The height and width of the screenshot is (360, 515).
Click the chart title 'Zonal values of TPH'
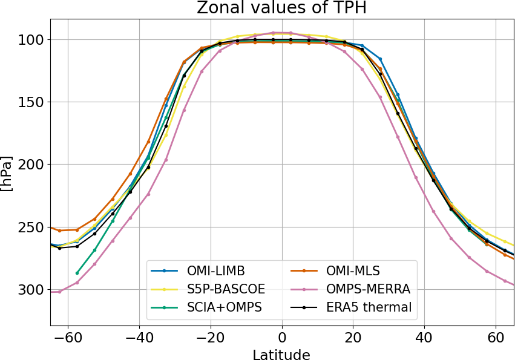click(281, 8)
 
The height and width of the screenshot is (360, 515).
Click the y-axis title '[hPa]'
click(7, 173)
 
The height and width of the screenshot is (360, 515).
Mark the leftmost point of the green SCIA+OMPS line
click(77, 273)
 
